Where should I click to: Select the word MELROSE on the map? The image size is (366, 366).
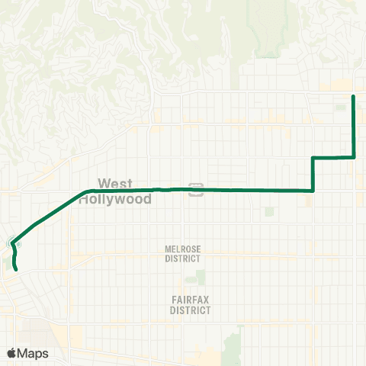181,249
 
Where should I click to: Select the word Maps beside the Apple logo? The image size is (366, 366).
34,353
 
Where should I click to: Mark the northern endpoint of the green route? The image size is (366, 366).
353,97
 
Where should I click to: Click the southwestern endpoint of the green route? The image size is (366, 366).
16,268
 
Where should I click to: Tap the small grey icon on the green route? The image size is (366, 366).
196,188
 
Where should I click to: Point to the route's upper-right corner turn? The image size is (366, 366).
354,157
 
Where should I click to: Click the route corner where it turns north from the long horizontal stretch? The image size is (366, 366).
313,190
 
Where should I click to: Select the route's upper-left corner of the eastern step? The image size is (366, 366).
313,158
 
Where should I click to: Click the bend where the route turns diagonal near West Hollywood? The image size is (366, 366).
90,191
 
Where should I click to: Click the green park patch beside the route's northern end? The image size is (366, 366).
340,108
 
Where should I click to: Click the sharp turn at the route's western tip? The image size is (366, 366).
11,243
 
